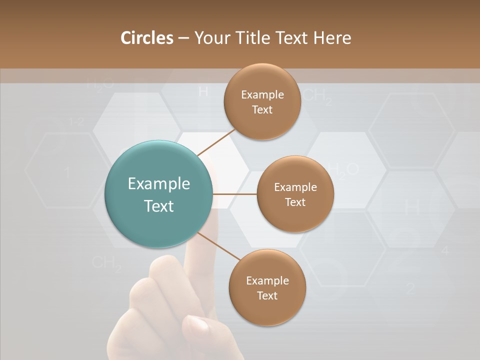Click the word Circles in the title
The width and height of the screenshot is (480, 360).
click(x=146, y=38)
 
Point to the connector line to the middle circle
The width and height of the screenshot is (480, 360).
click(x=235, y=193)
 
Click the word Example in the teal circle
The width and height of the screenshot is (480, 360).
click(x=158, y=184)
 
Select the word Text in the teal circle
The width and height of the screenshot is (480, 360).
click(x=158, y=206)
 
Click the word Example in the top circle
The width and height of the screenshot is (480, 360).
click(x=262, y=95)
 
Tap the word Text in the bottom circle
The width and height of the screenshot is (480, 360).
click(x=267, y=295)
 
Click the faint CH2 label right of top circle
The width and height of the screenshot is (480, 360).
click(x=317, y=96)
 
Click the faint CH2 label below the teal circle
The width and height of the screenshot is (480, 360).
click(x=107, y=263)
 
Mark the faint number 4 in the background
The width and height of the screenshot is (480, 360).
click(x=445, y=250)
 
